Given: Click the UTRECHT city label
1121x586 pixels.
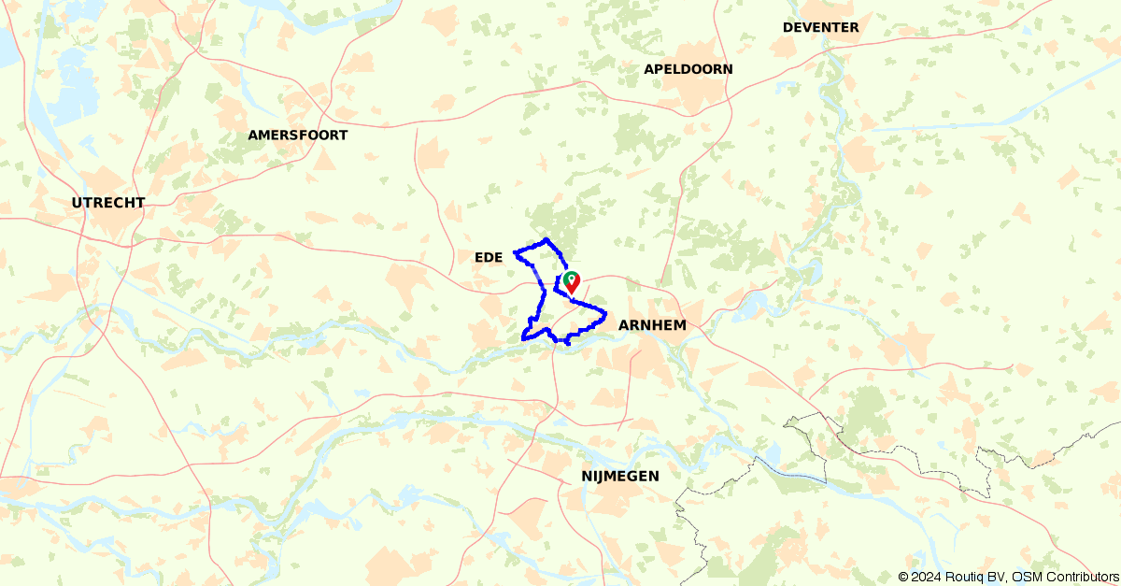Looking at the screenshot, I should click(108, 203).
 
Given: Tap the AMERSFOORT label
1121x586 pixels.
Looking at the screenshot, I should click(297, 136).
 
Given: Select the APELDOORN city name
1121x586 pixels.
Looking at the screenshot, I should click(688, 69).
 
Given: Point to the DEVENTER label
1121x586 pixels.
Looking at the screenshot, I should click(820, 28).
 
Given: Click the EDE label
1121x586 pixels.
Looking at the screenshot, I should click(489, 257).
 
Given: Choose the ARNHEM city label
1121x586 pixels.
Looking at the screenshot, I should click(652, 325).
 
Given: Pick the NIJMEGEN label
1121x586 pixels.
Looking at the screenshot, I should click(619, 477).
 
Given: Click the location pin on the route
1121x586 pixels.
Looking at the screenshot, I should click(571, 280).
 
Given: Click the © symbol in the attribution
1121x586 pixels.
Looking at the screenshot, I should click(903, 577).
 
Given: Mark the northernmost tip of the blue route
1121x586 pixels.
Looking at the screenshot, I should click(546, 238).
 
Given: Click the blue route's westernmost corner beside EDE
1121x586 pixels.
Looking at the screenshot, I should click(515, 252).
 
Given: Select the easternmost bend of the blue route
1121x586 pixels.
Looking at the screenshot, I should click(605, 313).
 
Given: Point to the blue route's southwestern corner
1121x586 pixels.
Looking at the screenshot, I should click(522, 337).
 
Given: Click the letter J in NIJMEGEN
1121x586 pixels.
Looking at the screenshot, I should click(600, 477).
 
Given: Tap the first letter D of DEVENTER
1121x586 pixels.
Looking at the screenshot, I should click(788, 28).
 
